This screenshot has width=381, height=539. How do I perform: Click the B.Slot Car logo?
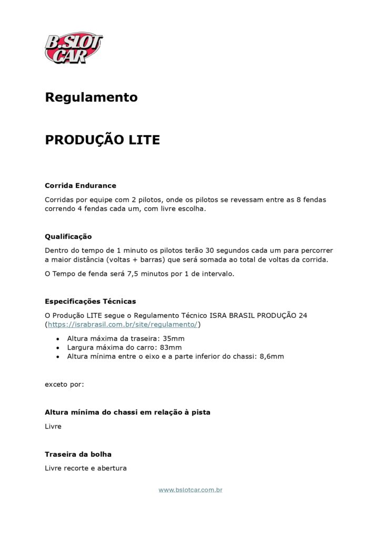74,47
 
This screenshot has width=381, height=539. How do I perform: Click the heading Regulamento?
91,97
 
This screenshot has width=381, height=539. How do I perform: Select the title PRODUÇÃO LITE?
102,140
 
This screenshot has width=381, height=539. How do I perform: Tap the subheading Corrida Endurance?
81,185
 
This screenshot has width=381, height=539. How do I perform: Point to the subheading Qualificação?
68,236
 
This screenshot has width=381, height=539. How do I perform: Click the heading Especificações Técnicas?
91,302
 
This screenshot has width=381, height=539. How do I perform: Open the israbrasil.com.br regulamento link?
122,324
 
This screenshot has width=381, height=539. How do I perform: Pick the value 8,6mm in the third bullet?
272,356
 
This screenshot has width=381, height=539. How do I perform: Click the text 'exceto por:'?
64,384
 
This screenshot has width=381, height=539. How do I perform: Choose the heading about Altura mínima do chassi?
127,412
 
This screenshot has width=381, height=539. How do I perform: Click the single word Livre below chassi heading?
53,426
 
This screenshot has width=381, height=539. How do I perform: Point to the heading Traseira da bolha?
78,454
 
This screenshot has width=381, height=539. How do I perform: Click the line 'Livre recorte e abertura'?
86,468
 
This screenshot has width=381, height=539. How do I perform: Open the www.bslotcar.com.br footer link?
190,490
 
